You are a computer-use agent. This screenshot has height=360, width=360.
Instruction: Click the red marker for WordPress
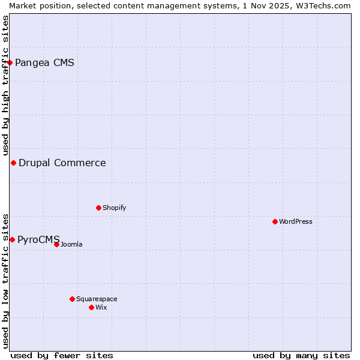[275, 221]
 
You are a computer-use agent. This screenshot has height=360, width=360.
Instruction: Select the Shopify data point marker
[98, 208]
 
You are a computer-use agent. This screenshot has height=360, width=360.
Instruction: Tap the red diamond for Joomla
[56, 244]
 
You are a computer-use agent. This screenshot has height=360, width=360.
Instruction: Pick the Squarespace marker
[72, 299]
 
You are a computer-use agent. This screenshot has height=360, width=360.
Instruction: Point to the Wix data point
[91, 307]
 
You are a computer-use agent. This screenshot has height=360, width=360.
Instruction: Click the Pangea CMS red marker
[10, 62]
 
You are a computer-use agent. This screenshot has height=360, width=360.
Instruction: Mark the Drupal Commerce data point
[13, 163]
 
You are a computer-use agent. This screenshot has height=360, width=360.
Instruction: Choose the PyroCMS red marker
[12, 239]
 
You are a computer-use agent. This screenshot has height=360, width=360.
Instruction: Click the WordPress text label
[295, 221]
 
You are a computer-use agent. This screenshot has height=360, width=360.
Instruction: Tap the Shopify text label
[114, 208]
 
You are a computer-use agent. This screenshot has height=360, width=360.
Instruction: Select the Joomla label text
[71, 244]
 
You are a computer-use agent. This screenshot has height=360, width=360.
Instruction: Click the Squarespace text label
[97, 299]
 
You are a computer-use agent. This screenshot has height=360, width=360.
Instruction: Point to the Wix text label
[101, 307]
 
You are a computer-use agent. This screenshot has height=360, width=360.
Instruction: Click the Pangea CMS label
[44, 62]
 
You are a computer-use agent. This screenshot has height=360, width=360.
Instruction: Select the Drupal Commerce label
[62, 163]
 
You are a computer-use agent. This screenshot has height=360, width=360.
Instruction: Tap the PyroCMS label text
[38, 239]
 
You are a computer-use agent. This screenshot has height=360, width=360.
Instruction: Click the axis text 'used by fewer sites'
[62, 355]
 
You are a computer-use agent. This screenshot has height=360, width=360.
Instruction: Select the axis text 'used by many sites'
[301, 355]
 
